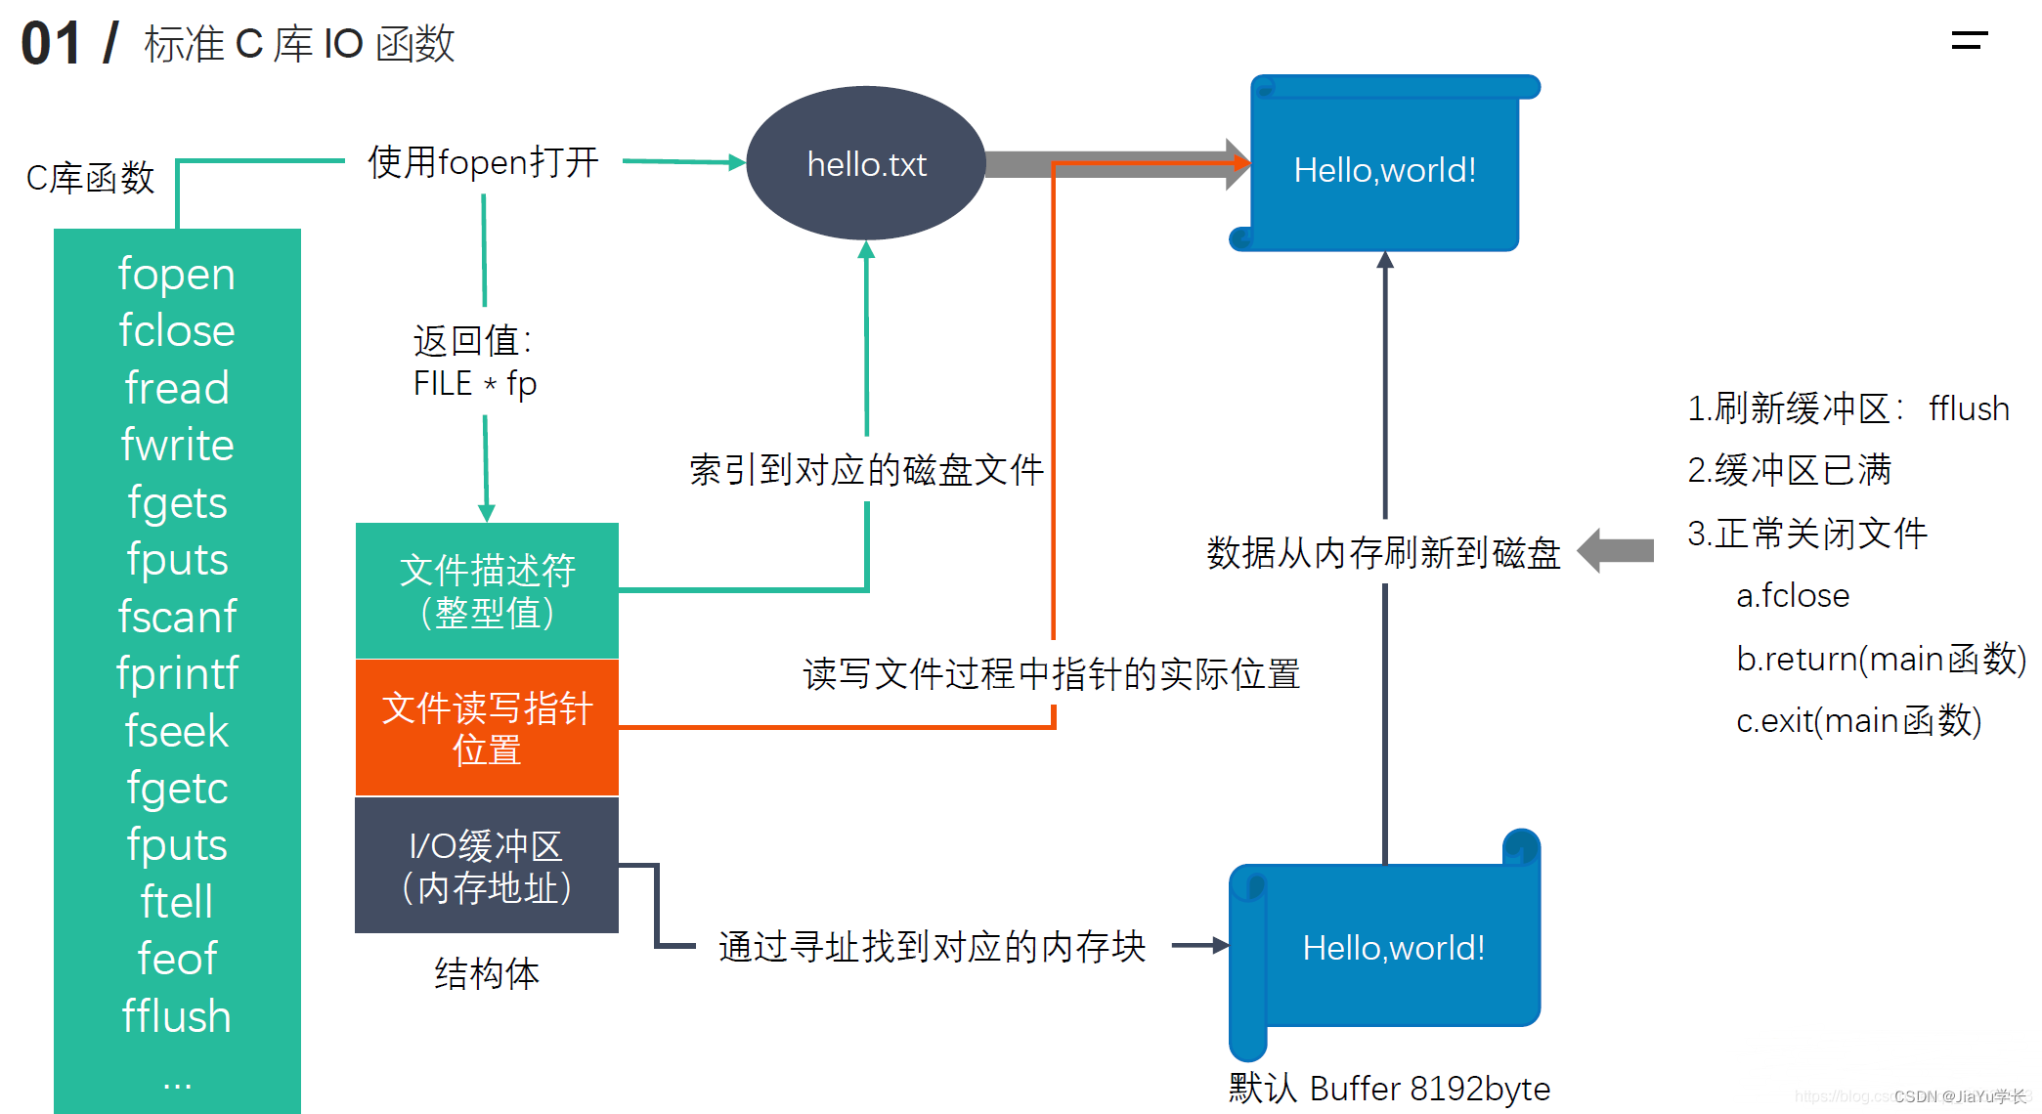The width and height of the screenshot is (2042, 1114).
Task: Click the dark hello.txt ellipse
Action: click(x=866, y=163)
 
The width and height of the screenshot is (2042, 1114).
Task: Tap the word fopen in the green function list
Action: click(x=177, y=275)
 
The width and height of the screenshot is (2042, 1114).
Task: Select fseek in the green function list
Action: click(x=177, y=731)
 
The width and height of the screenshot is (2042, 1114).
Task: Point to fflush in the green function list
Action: click(x=177, y=1016)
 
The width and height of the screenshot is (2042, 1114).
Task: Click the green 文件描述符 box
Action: click(x=487, y=590)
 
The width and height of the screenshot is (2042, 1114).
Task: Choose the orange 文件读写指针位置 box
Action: click(x=487, y=728)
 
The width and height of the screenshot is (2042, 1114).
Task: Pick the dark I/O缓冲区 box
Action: click(x=487, y=866)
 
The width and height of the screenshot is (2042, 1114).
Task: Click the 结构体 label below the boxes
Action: click(x=487, y=973)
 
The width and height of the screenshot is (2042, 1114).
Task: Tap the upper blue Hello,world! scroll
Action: click(x=1384, y=169)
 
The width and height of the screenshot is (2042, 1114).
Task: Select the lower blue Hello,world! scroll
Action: click(x=1393, y=947)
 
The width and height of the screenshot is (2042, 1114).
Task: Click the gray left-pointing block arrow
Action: click(x=1615, y=550)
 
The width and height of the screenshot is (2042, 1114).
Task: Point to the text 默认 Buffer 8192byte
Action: click(x=1389, y=1088)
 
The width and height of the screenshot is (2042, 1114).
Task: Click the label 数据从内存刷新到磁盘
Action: click(x=1383, y=553)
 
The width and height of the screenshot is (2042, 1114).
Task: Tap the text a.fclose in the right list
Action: click(x=1793, y=595)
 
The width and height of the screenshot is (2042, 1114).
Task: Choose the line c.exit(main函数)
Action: click(x=1858, y=721)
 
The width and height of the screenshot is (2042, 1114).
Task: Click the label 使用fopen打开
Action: click(x=483, y=162)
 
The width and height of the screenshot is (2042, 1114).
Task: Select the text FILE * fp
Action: click(x=475, y=384)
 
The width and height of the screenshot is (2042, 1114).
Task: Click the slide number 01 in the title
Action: click(x=51, y=44)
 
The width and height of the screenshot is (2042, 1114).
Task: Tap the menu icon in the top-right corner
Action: click(x=1970, y=40)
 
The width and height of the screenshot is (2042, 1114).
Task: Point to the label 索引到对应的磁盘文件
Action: click(x=866, y=470)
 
